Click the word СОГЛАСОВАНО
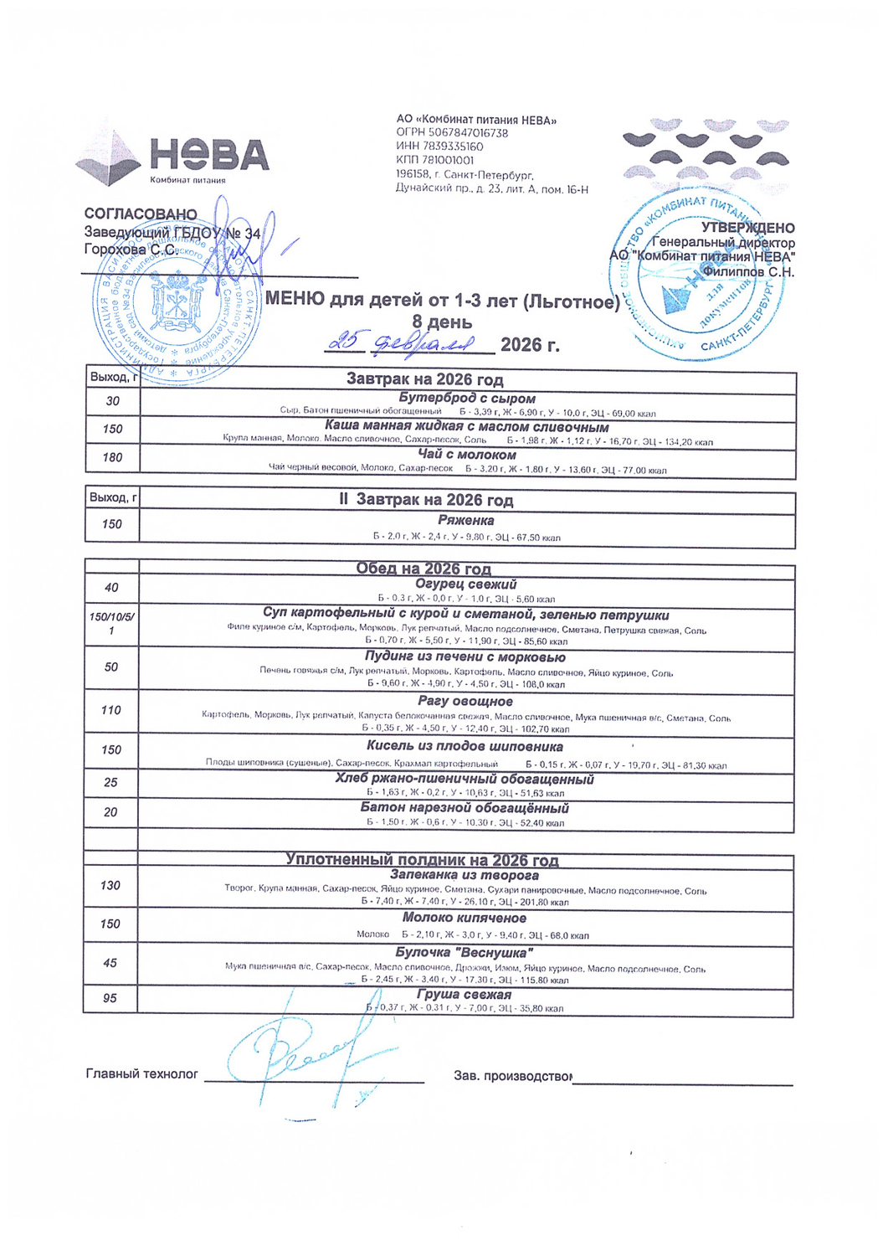tap(141, 214)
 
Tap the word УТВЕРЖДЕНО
tap(747, 228)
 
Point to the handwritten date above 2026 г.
tap(402, 342)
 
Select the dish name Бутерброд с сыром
tap(466, 399)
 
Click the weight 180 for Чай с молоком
tap(112, 457)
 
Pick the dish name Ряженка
tap(465, 520)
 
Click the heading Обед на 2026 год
tap(423, 569)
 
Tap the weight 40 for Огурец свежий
tap(111, 588)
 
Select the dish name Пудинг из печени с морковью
tap(465, 656)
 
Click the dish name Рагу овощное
tap(465, 701)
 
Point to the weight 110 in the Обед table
tap(111, 710)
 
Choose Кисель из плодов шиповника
tap(465, 746)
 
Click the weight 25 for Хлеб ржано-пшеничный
tap(111, 783)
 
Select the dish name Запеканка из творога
tap(465, 875)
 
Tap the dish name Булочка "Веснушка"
tap(465, 953)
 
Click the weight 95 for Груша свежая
tap(110, 998)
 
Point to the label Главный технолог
tap(142, 1073)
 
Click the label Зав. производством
tap(513, 1075)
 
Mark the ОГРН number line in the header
tap(452, 133)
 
